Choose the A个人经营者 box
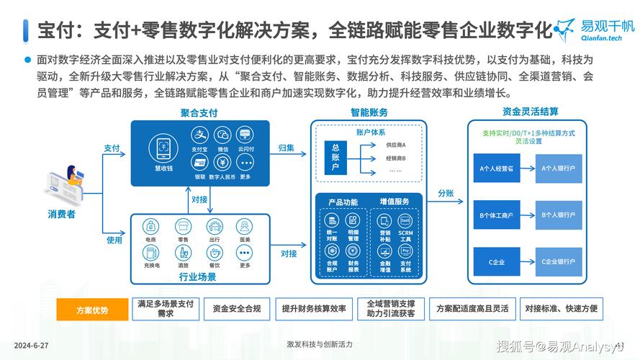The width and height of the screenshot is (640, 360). [x=497, y=168]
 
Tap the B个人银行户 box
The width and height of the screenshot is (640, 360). [x=559, y=215]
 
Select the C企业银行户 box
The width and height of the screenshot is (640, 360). [x=559, y=261]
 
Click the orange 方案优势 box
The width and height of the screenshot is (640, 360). [x=92, y=310]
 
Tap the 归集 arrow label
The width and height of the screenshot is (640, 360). [x=287, y=148]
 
